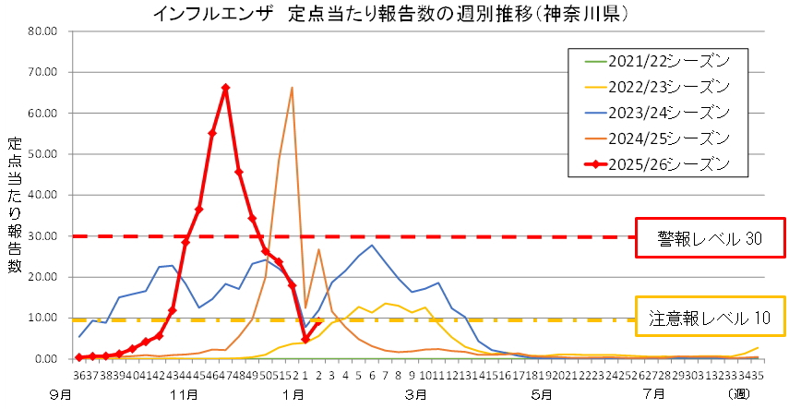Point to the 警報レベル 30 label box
point(710,238)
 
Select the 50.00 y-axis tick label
point(42,154)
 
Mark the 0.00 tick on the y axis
point(45,359)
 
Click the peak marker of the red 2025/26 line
point(225,89)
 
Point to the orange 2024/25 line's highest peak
point(292,88)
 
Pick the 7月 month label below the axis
point(653,395)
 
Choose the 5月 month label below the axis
point(543,395)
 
